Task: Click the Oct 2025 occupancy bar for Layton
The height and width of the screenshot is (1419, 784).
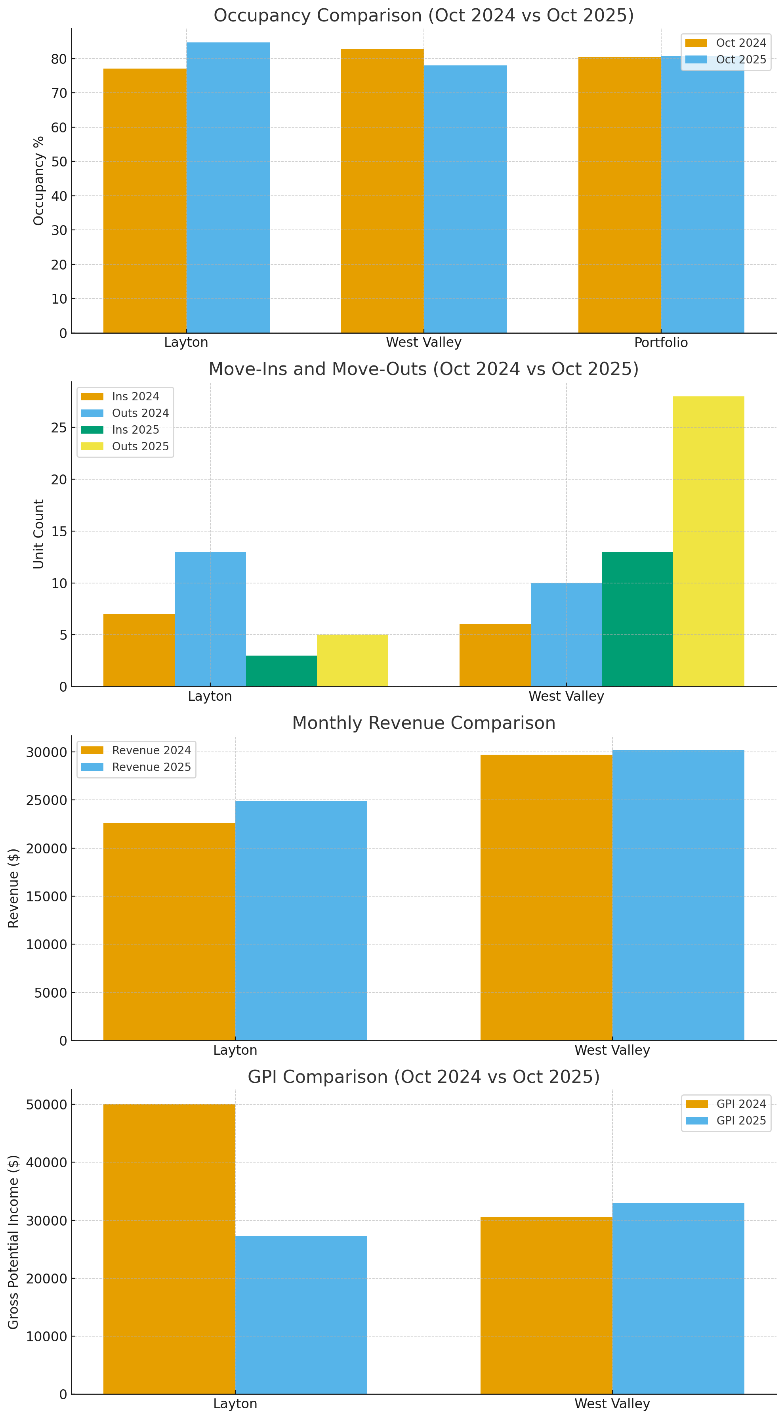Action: tap(228, 187)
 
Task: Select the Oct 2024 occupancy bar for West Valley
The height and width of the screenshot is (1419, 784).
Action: tap(382, 191)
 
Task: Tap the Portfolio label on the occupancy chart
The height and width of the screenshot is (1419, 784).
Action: tap(661, 342)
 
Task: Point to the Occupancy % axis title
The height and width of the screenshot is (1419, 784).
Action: tap(38, 181)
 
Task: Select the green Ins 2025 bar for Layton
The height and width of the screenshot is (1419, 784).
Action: tap(281, 671)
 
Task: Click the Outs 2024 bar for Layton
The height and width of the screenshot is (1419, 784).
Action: tap(210, 619)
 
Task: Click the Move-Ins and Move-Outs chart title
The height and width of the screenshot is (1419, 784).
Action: tap(423, 369)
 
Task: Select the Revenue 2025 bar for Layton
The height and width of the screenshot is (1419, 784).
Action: tap(301, 920)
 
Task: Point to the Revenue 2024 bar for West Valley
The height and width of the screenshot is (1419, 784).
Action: tap(546, 897)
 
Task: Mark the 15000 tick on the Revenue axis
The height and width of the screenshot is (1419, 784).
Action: tap(46, 896)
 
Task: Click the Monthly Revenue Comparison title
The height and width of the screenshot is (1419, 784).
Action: tap(423, 723)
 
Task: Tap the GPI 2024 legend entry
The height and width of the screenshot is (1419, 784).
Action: tap(726, 1104)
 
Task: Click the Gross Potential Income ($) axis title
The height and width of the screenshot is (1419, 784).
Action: tap(13, 1242)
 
